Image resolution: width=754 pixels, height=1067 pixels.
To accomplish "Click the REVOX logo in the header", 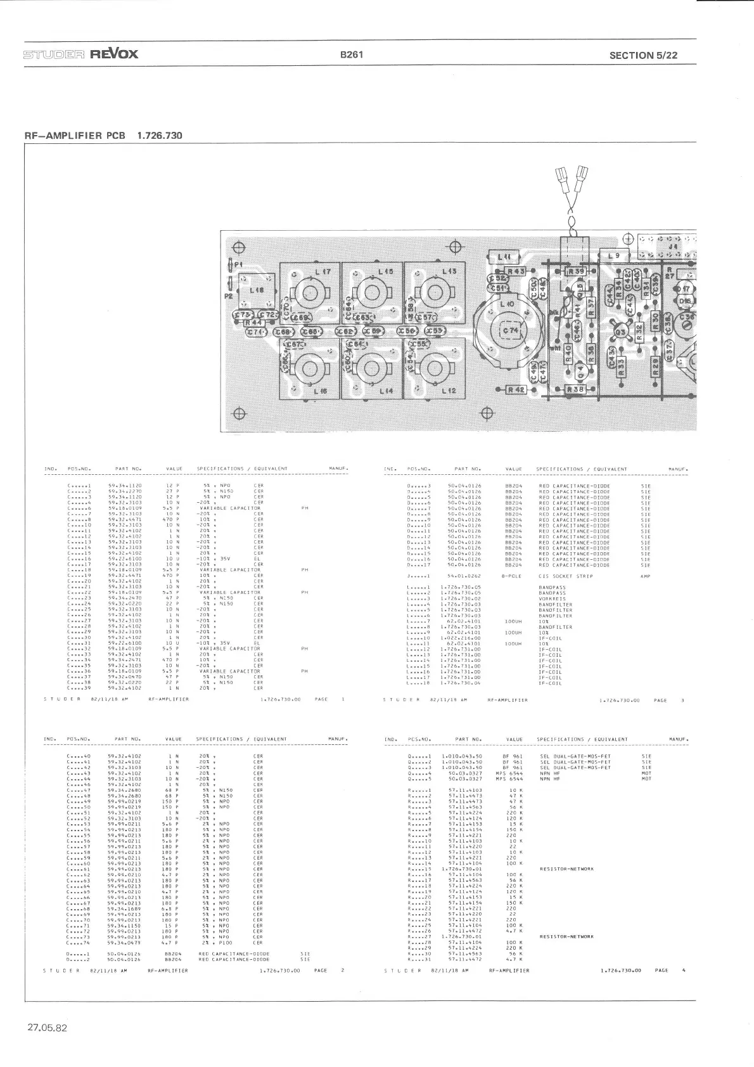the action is [114, 53].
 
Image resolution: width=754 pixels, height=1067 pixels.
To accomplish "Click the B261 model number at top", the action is [351, 55].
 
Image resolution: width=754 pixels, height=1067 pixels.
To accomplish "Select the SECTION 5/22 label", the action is [643, 55].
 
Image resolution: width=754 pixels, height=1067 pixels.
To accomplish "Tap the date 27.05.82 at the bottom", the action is [46, 1028].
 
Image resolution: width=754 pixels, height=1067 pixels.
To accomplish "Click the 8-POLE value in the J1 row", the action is [511, 576].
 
